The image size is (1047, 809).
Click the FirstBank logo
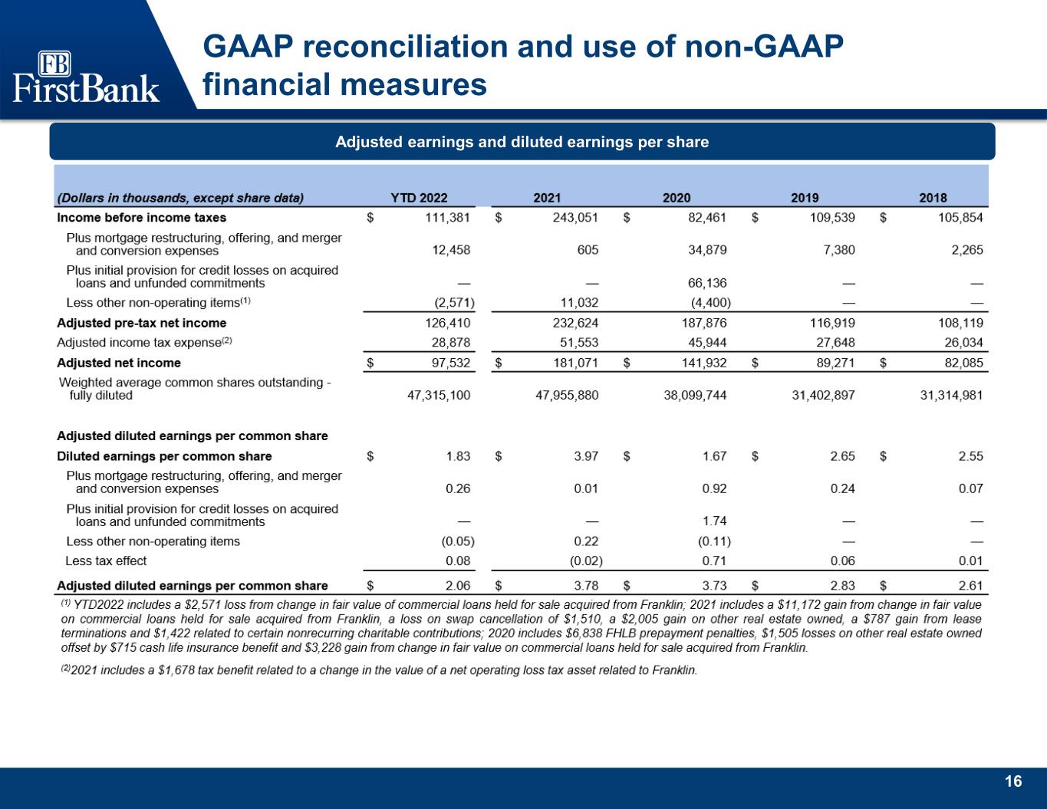tap(86, 77)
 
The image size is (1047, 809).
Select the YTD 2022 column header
tap(419, 197)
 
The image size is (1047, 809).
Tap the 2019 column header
tap(804, 197)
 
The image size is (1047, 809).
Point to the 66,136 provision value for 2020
tap(707, 282)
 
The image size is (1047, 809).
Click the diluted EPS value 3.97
tap(586, 456)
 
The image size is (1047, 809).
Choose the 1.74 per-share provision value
tap(714, 521)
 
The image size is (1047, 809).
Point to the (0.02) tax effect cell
tap(586, 561)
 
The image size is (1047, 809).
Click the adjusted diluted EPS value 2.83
tap(843, 586)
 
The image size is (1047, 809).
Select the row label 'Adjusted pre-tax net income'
tap(142, 323)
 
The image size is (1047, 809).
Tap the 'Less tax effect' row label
tap(106, 561)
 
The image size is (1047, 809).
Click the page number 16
tap(1013, 781)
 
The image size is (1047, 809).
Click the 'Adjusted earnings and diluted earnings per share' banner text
tap(522, 142)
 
